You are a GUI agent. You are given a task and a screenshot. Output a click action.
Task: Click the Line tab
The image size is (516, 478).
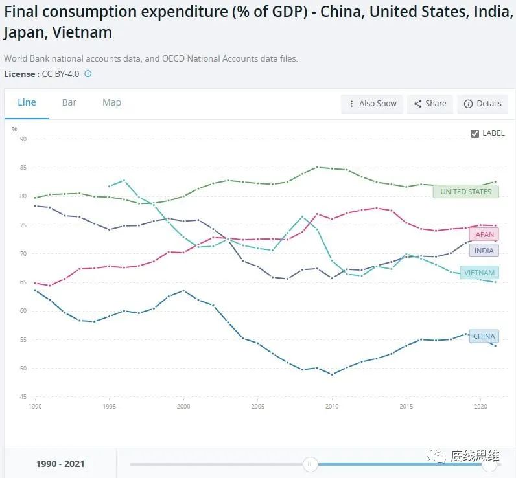27,102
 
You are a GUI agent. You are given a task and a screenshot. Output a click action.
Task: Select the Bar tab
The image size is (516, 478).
69,102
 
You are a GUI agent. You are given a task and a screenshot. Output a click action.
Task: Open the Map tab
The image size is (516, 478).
111,102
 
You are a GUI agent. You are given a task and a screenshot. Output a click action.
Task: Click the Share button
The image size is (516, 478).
430,104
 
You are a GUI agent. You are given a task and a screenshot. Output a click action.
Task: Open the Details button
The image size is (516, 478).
482,104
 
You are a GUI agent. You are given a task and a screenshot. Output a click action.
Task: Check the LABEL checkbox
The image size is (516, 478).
475,133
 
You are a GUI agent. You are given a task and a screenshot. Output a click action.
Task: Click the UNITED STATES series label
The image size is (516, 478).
465,192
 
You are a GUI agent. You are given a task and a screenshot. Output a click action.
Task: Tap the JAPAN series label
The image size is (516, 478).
483,234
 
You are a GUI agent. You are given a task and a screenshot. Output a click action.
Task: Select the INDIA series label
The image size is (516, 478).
484,251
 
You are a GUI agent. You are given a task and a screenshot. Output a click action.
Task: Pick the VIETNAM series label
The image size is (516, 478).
479,273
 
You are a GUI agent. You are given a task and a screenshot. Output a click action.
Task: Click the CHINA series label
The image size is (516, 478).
484,336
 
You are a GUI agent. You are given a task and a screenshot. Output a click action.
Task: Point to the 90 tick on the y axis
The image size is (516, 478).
23,139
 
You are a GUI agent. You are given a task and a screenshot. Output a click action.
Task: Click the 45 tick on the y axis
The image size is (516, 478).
23,397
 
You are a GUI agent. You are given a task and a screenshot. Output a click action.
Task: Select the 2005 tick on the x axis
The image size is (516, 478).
257,407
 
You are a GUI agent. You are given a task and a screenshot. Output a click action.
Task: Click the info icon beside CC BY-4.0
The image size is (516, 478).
88,74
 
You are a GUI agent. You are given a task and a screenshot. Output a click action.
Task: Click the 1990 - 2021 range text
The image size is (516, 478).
60,464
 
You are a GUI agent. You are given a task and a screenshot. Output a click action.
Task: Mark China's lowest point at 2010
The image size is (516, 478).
332,374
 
